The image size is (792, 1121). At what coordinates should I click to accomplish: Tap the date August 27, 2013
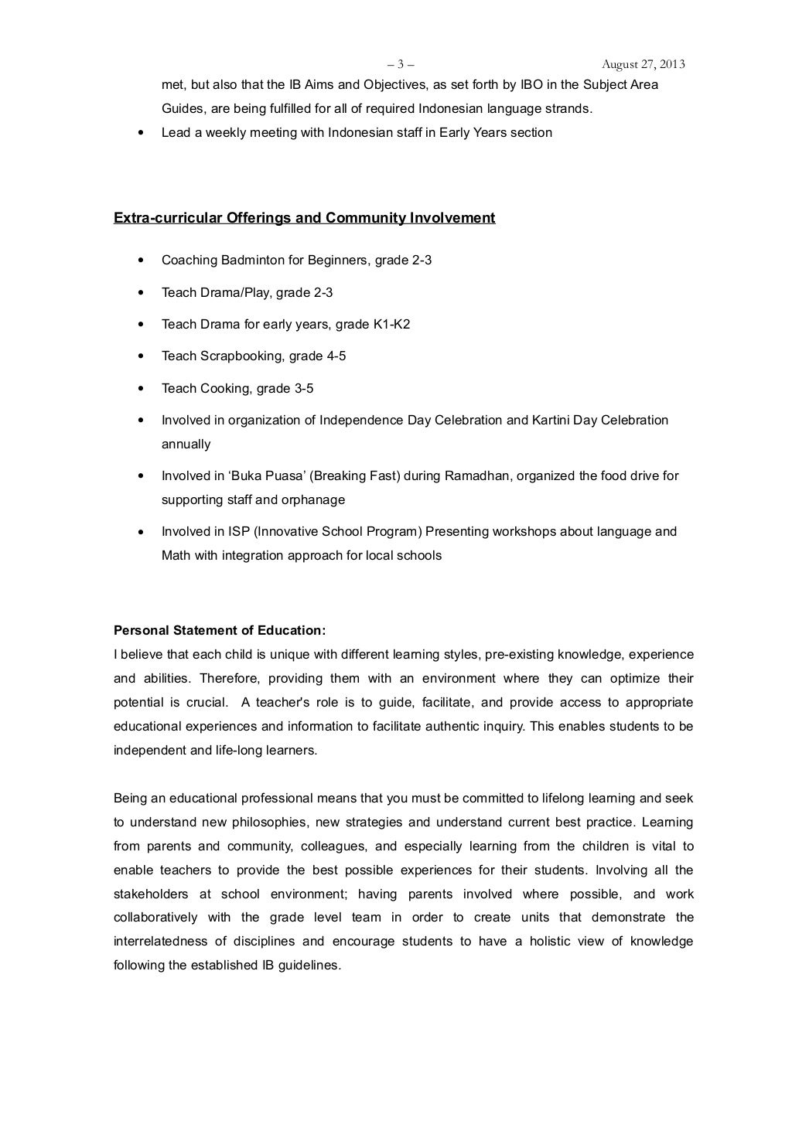(643, 64)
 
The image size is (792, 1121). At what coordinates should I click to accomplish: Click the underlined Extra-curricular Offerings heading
(304, 218)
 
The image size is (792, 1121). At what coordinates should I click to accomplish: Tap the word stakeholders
(151, 894)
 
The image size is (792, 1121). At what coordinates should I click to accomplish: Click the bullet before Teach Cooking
(139, 389)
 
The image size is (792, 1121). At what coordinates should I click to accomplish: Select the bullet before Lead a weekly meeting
(139, 133)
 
